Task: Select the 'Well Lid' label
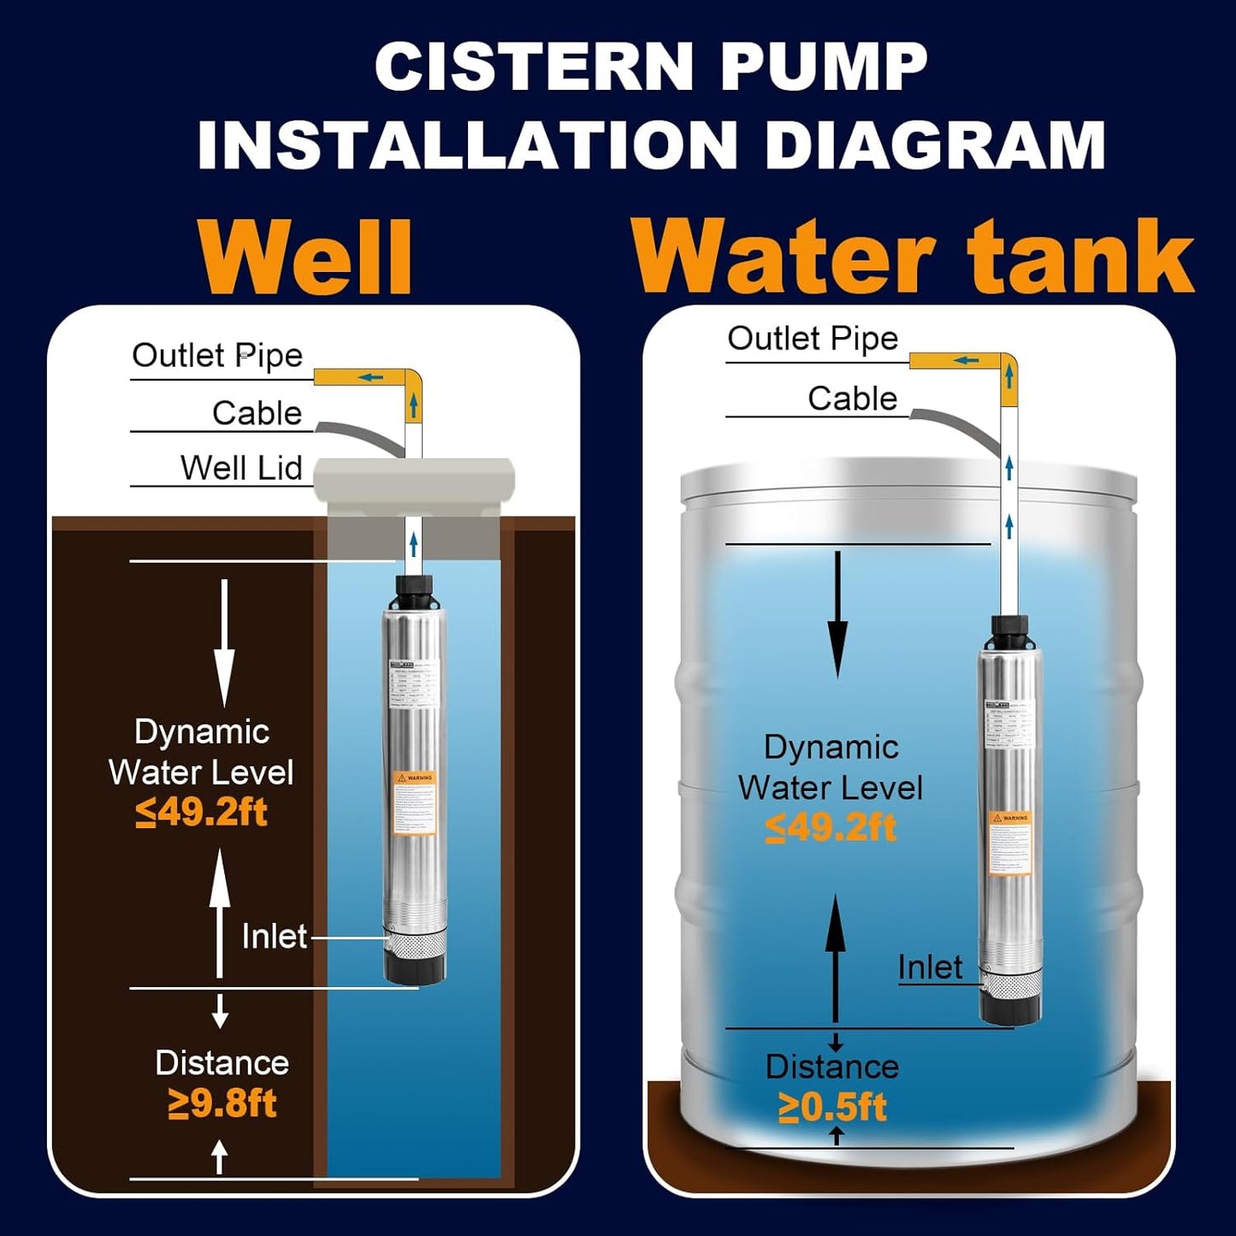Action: click(241, 468)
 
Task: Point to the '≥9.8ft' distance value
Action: click(222, 1103)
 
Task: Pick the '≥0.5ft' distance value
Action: click(831, 1107)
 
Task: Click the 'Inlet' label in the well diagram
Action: click(274, 937)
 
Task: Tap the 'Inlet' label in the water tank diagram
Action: click(929, 967)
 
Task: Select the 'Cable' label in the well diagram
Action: click(257, 413)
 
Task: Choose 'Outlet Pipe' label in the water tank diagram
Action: click(813, 339)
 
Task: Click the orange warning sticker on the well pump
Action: click(414, 803)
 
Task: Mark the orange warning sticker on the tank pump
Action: click(1010, 843)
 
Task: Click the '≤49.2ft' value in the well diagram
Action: click(201, 812)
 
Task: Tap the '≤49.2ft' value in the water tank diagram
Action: click(831, 827)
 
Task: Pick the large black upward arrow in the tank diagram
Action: click(836, 958)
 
